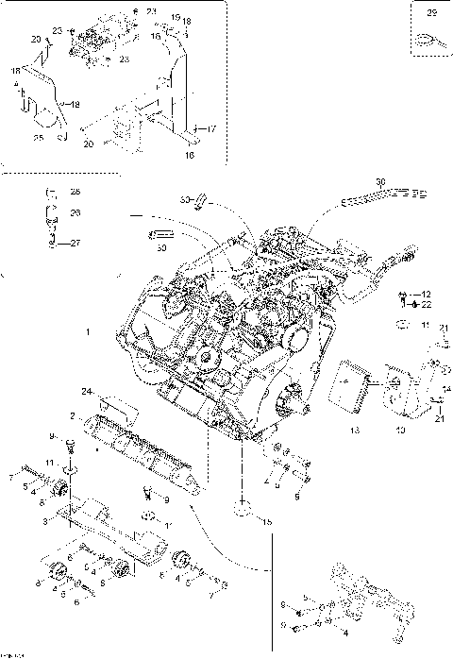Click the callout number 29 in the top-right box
pyautogui.click(x=432, y=14)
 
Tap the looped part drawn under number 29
pyautogui.click(x=427, y=40)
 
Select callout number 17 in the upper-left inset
pyautogui.click(x=210, y=128)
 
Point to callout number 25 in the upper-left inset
pyautogui.click(x=39, y=138)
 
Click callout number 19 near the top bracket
pyautogui.click(x=176, y=18)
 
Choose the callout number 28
pyautogui.click(x=75, y=192)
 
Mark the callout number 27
pyautogui.click(x=75, y=243)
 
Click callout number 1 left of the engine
pyautogui.click(x=88, y=332)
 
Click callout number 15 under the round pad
pyautogui.click(x=267, y=521)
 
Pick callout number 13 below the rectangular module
pyautogui.click(x=354, y=430)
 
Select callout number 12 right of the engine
pyautogui.click(x=426, y=294)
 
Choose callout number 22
pyautogui.click(x=426, y=304)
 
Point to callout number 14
pyautogui.click(x=446, y=387)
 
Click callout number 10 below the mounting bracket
pyautogui.click(x=400, y=430)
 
